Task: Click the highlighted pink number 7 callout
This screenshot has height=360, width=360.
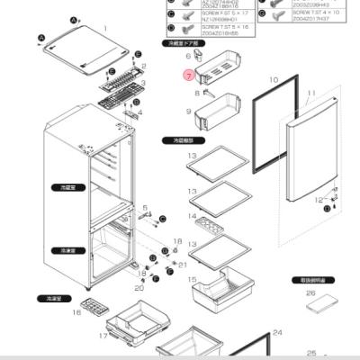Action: [x=188, y=76]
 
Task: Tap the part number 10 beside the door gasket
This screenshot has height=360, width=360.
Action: [x=274, y=79]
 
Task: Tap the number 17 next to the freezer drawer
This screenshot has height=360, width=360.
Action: [x=103, y=336]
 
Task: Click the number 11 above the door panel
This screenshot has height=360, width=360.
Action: [x=310, y=94]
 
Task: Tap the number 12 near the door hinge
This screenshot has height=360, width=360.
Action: [x=318, y=200]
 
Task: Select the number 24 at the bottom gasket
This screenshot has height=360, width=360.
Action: [x=277, y=332]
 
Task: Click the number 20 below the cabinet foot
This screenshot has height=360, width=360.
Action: [x=139, y=288]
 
